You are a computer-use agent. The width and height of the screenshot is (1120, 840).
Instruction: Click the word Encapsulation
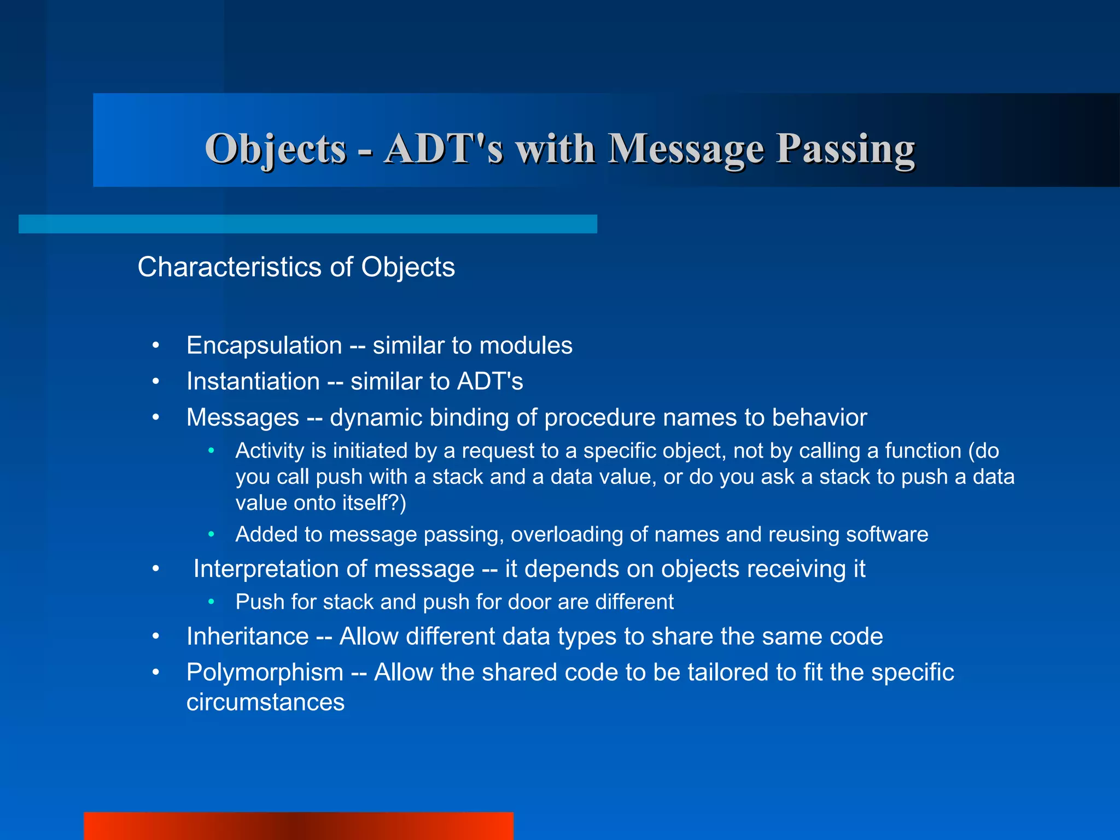click(264, 346)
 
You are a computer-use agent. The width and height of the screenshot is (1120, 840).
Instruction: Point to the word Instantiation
click(253, 382)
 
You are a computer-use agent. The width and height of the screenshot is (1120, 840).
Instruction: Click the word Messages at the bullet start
click(243, 418)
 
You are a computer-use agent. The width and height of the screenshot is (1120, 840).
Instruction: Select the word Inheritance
click(248, 637)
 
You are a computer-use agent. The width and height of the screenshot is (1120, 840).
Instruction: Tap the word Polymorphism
click(265, 673)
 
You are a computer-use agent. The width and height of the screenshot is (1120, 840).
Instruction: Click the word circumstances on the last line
click(265, 702)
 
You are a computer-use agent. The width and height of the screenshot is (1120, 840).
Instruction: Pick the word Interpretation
click(334, 569)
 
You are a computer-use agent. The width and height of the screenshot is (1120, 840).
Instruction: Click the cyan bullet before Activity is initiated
click(211, 451)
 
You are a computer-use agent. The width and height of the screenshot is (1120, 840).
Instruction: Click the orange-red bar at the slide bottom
click(298, 826)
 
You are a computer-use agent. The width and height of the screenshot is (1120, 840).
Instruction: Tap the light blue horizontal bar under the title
click(307, 224)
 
